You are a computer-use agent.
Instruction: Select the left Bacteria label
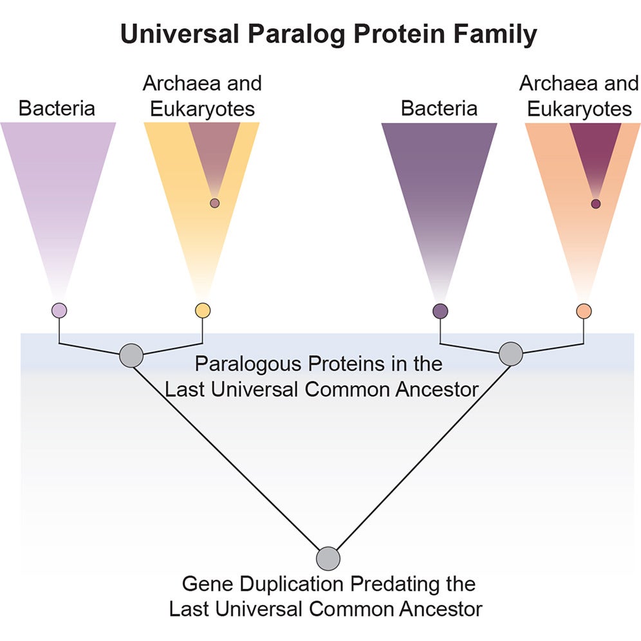pyautogui.click(x=57, y=107)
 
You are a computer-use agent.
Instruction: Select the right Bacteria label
pyautogui.click(x=439, y=107)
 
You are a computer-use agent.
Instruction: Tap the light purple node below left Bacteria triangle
pyautogui.click(x=59, y=311)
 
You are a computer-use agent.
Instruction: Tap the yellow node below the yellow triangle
pyautogui.click(x=203, y=311)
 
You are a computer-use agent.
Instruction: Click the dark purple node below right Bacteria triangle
pyautogui.click(x=440, y=311)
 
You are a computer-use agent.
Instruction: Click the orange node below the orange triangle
pyautogui.click(x=584, y=311)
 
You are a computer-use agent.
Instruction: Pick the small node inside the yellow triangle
pyautogui.click(x=215, y=203)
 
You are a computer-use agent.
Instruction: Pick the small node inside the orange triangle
pyautogui.click(x=596, y=204)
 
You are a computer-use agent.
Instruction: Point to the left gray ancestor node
pyautogui.click(x=131, y=355)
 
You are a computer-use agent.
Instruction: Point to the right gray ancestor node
pyautogui.click(x=511, y=354)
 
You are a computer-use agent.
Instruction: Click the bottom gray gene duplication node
pyautogui.click(x=328, y=558)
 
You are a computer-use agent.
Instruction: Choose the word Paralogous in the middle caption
pyautogui.click(x=247, y=364)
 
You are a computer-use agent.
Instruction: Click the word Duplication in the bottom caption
pyautogui.click(x=293, y=584)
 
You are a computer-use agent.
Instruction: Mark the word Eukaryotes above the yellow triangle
pyautogui.click(x=202, y=109)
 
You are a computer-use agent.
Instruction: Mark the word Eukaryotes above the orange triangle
pyautogui.click(x=579, y=109)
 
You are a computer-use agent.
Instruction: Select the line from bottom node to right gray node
pyautogui.click(x=418, y=457)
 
